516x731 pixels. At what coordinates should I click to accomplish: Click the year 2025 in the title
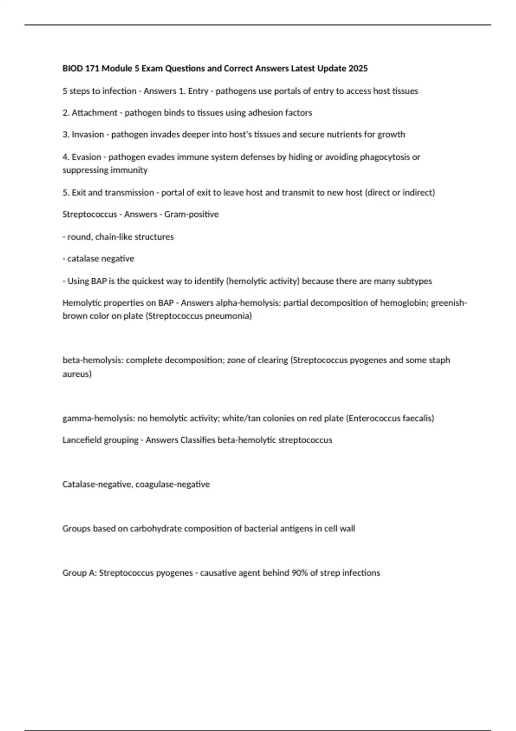(358, 68)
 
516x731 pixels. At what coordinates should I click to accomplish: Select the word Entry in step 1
(198, 91)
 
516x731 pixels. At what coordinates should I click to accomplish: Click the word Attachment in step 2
(94, 113)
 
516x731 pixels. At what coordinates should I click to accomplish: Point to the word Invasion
(88, 135)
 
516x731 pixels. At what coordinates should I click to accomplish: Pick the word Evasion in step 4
(86, 157)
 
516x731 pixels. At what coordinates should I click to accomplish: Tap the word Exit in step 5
(79, 193)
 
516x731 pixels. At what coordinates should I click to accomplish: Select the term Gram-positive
(191, 214)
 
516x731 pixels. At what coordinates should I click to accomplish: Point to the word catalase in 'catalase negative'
(82, 259)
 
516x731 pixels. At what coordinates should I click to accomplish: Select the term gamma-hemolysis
(98, 418)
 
